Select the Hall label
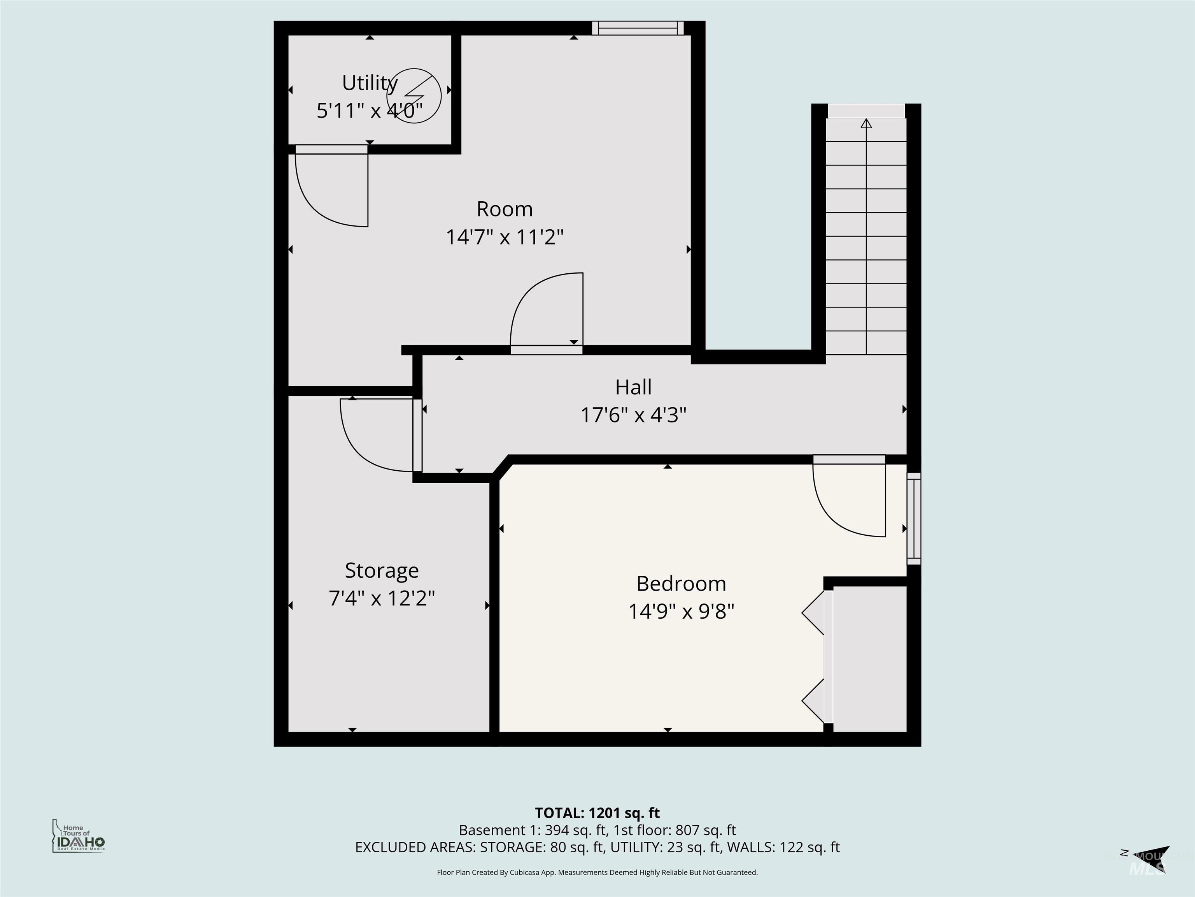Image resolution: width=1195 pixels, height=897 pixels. click(x=633, y=387)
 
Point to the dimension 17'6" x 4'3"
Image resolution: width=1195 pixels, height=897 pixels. click(x=633, y=415)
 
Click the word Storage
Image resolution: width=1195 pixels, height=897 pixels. click(x=381, y=570)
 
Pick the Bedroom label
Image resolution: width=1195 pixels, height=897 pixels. click(x=681, y=584)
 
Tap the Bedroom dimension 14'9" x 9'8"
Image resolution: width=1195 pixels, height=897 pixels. click(x=681, y=612)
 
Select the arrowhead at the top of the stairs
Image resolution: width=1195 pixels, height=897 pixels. click(x=866, y=123)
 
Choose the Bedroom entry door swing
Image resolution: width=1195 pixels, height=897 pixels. click(x=849, y=498)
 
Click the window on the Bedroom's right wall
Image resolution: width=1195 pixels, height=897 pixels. click(x=913, y=519)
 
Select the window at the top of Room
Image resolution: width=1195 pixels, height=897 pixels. click(x=638, y=28)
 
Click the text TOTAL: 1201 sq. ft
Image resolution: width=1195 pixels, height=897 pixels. click(x=597, y=813)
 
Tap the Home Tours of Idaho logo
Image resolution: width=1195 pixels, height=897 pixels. click(x=78, y=835)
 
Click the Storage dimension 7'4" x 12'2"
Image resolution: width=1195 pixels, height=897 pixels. click(x=381, y=598)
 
